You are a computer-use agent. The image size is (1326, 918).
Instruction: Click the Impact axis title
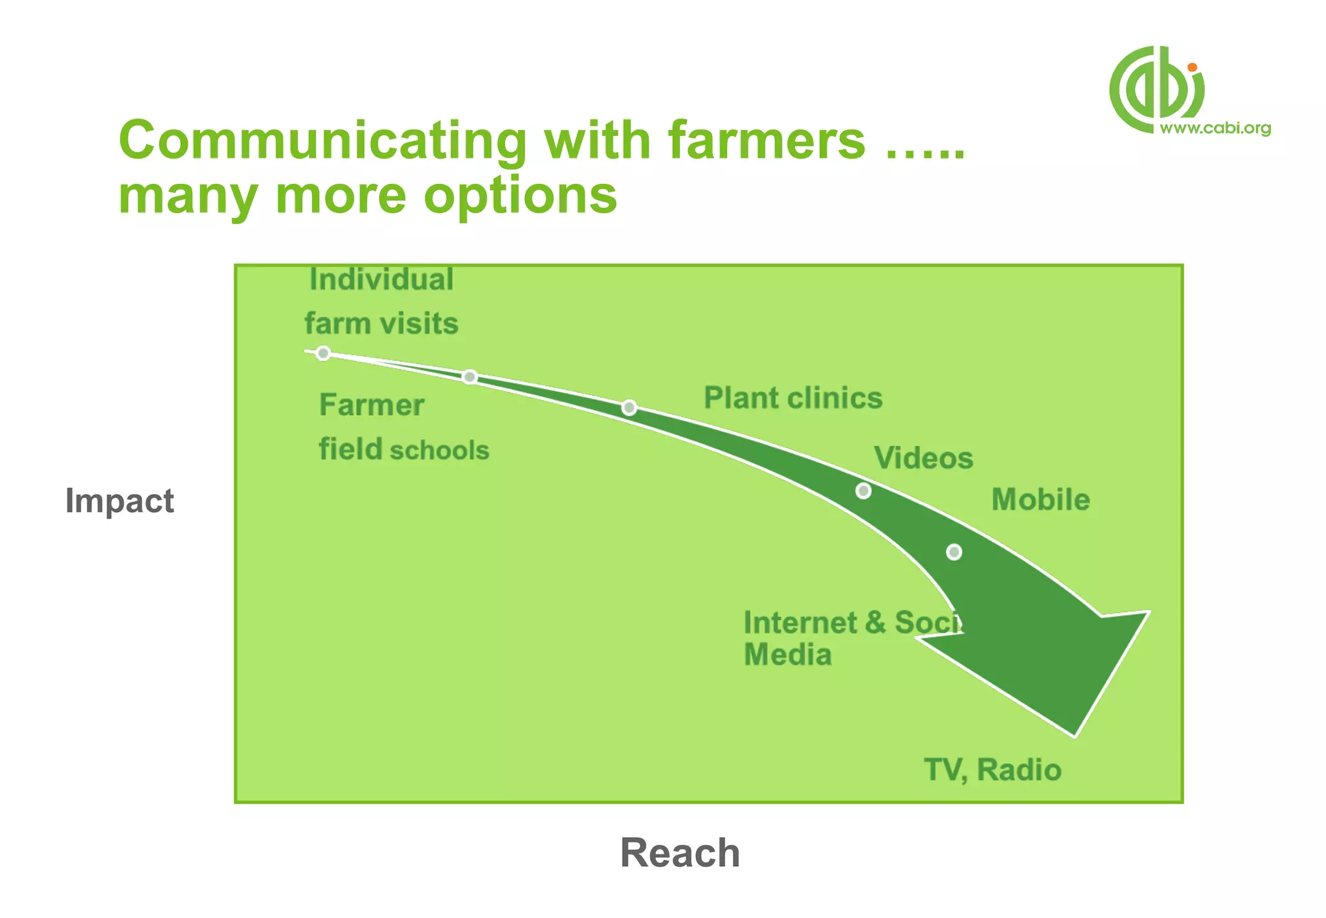120,500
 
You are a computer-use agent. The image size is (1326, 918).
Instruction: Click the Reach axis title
680,852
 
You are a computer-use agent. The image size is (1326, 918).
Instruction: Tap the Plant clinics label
793,397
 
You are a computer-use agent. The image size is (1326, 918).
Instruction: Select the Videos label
923,458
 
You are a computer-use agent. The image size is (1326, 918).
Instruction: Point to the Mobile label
1040,499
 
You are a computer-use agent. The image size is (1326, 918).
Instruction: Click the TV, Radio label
993,770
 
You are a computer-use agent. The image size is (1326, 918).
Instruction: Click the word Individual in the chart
381,280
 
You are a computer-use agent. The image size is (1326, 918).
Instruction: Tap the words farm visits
381,323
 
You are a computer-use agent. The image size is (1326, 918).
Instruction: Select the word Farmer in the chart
372,405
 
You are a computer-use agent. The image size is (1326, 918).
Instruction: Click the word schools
439,450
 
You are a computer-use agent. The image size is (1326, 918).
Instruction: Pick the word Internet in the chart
800,623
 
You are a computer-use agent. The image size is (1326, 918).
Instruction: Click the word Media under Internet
787,655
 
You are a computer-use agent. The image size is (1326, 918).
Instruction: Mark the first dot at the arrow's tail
323,353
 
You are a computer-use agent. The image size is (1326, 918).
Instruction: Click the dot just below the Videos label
863,491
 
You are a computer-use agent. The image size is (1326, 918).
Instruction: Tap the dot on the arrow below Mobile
954,552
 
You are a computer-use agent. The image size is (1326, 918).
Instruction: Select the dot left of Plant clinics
629,407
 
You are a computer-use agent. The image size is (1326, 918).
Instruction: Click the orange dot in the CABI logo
1192,67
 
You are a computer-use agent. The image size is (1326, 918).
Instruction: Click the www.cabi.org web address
1215,128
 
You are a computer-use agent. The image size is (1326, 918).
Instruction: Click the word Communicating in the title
323,140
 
